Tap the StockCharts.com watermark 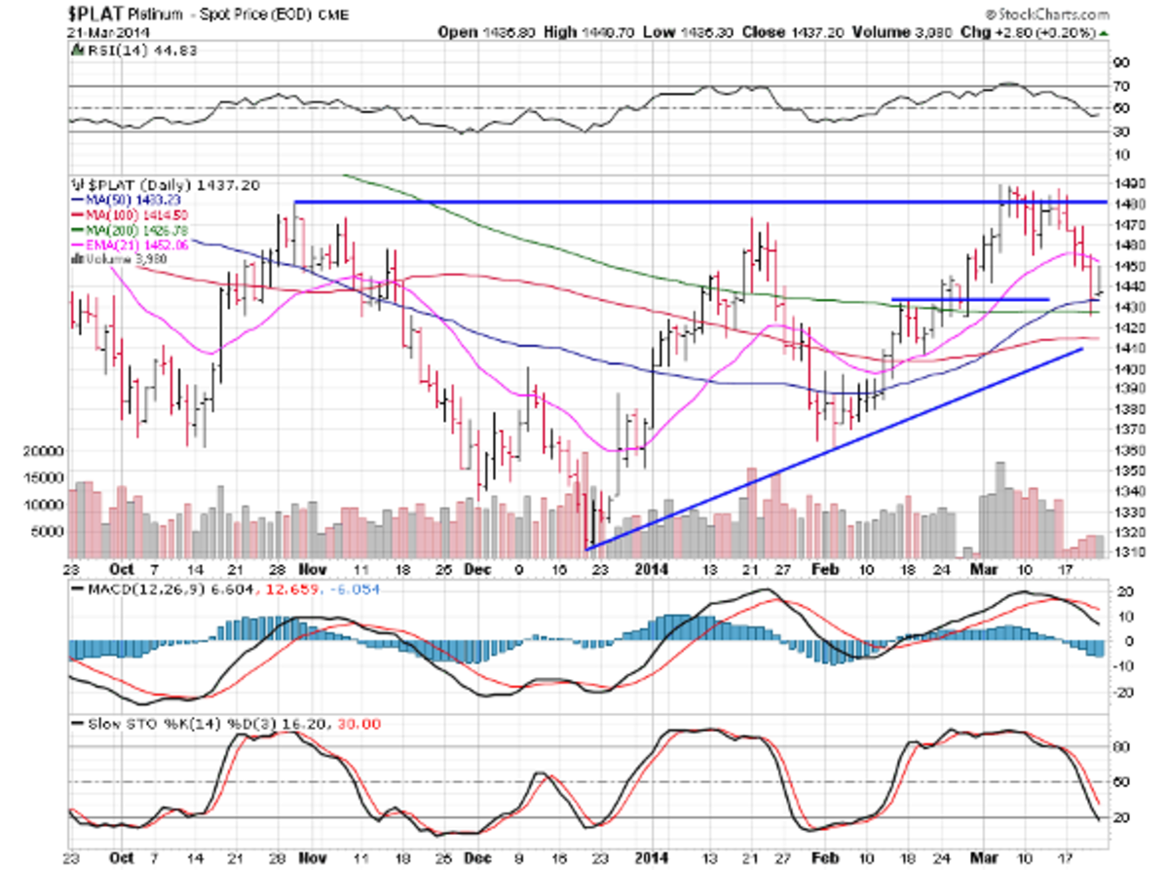[x=1050, y=15]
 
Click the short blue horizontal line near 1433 [x=970, y=298]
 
